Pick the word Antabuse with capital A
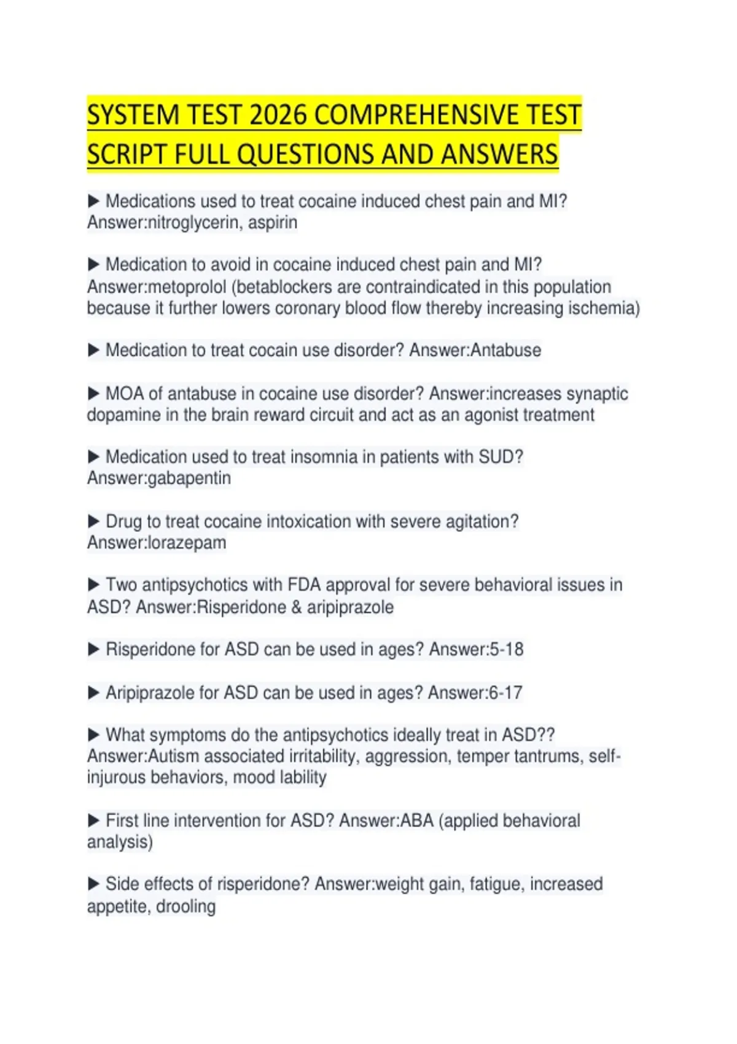point(505,350)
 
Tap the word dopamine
point(121,415)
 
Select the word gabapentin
point(189,478)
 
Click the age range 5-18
point(506,649)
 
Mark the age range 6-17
point(505,693)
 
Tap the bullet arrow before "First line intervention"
point(94,820)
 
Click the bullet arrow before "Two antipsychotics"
point(94,585)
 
